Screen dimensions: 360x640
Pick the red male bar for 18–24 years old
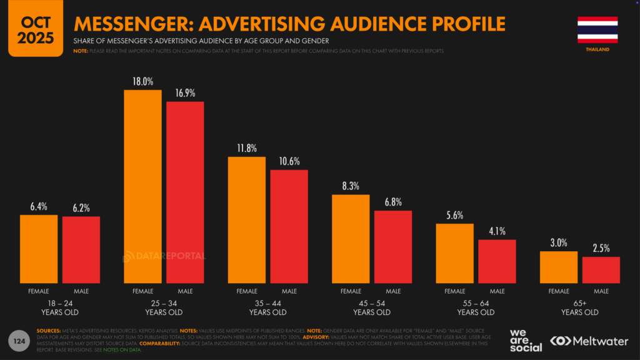81,249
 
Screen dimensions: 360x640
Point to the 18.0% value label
142,82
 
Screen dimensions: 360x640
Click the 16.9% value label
185,93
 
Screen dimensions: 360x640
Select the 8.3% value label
351,186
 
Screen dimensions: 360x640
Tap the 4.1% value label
497,231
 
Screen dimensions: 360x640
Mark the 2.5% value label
601,249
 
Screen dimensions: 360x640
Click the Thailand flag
597,29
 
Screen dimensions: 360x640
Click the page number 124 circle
20,341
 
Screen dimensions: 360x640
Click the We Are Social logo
526,339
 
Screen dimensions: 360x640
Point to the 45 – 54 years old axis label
372,307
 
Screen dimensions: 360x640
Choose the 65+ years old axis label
579,307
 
